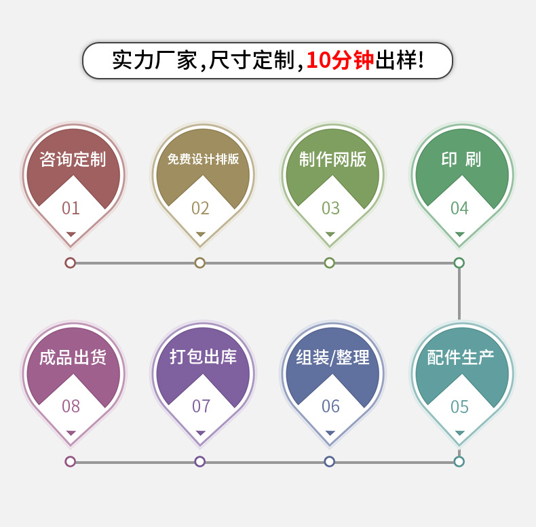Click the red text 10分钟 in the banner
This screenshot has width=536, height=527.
point(340,61)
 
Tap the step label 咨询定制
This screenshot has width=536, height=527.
point(73,159)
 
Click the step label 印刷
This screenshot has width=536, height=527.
point(461,159)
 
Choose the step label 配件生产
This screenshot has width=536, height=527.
point(461,357)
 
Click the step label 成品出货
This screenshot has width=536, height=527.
point(73,357)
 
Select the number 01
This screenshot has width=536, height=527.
point(71,208)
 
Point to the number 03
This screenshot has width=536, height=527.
point(330,208)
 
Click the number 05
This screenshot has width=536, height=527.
point(459,407)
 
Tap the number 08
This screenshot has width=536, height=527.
point(71,407)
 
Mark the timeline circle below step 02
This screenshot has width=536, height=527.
point(199,262)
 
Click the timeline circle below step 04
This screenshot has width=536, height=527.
point(459,262)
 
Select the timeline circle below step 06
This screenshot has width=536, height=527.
point(330,461)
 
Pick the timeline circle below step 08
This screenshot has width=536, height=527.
point(70,461)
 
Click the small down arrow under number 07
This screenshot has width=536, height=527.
point(200,433)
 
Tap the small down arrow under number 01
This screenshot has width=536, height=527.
point(71,234)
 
